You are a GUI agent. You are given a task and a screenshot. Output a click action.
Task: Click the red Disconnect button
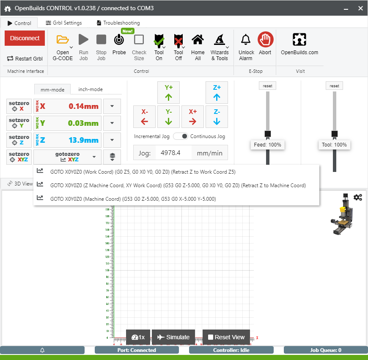tap(25, 38)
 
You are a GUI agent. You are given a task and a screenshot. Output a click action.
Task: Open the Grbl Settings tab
tap(64, 23)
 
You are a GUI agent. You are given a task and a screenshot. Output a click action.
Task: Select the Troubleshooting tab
tap(118, 23)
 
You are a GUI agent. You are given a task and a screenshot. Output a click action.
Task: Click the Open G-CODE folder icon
tap(63, 40)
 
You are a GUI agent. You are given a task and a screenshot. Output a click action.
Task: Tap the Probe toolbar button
tap(119, 40)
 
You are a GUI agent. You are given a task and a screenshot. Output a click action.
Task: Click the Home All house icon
tap(198, 40)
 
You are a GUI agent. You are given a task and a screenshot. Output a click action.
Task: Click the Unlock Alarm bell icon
tap(246, 40)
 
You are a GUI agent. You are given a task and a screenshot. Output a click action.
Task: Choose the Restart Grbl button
tap(25, 59)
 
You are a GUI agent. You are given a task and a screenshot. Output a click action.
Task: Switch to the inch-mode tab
tap(91, 89)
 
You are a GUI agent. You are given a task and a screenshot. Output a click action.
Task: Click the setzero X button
tap(19, 106)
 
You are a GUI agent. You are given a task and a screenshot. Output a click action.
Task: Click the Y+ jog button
tap(169, 92)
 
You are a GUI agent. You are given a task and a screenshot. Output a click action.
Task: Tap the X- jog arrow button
tap(145, 117)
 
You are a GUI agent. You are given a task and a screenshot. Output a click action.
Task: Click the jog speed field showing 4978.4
tap(173, 153)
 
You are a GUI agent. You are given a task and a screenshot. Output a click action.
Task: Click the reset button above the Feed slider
tap(267, 86)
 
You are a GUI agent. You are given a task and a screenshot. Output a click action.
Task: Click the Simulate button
tap(173, 337)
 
